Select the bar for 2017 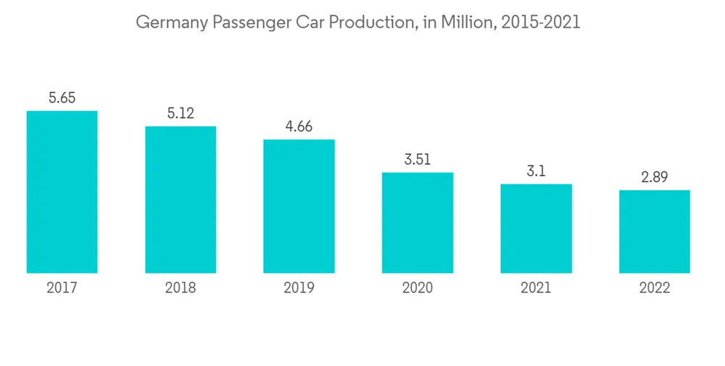(62, 192)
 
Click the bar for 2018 (181, 200)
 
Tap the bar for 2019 (299, 206)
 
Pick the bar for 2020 (418, 223)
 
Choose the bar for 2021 (536, 229)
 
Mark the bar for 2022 (655, 232)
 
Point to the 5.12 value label (181, 113)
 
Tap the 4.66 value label (299, 126)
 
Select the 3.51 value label (418, 160)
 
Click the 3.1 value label (536, 171)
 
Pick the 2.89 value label (655, 177)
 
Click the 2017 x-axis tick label (62, 288)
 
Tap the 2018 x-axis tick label (181, 288)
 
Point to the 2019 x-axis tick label (299, 288)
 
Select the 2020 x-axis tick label (418, 288)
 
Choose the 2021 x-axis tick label (536, 288)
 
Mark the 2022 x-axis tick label (655, 288)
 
